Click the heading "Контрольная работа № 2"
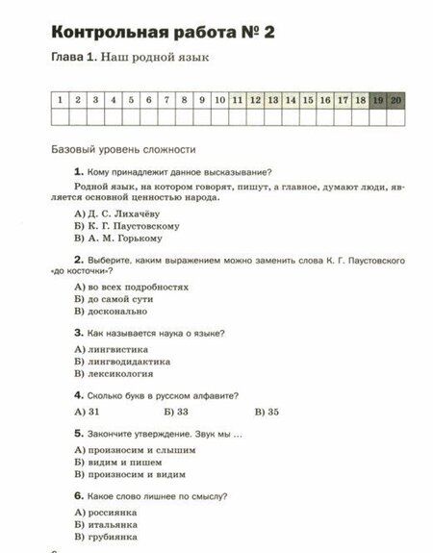coord(163,32)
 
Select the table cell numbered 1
coord(61,99)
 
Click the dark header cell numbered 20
coord(395,99)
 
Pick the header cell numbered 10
coord(219,99)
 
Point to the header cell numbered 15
coord(308,99)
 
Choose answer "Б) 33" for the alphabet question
coord(176,412)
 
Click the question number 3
coord(77,333)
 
